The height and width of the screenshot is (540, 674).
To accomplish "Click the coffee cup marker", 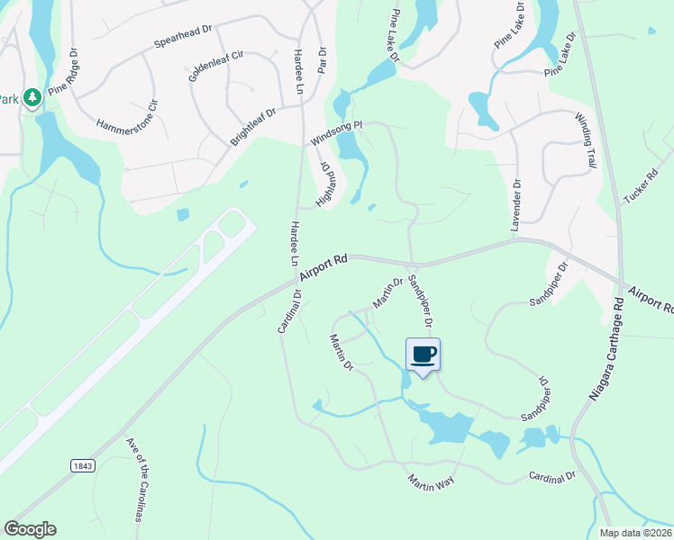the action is pyautogui.click(x=422, y=354).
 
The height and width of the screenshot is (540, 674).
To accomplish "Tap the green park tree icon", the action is pyautogui.click(x=32, y=96).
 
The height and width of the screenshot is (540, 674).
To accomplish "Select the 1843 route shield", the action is pyautogui.click(x=82, y=464).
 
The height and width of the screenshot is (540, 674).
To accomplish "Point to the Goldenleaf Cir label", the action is pyautogui.click(x=215, y=66).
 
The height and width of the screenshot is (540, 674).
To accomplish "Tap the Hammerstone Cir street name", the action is pyautogui.click(x=126, y=114).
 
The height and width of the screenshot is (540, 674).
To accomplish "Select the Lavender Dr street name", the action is pyautogui.click(x=517, y=207).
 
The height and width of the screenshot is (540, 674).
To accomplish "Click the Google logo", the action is pyautogui.click(x=30, y=529).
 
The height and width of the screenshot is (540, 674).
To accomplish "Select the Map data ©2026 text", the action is pyautogui.click(x=634, y=533).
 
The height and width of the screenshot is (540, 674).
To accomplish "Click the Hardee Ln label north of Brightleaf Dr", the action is pyautogui.click(x=298, y=68).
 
